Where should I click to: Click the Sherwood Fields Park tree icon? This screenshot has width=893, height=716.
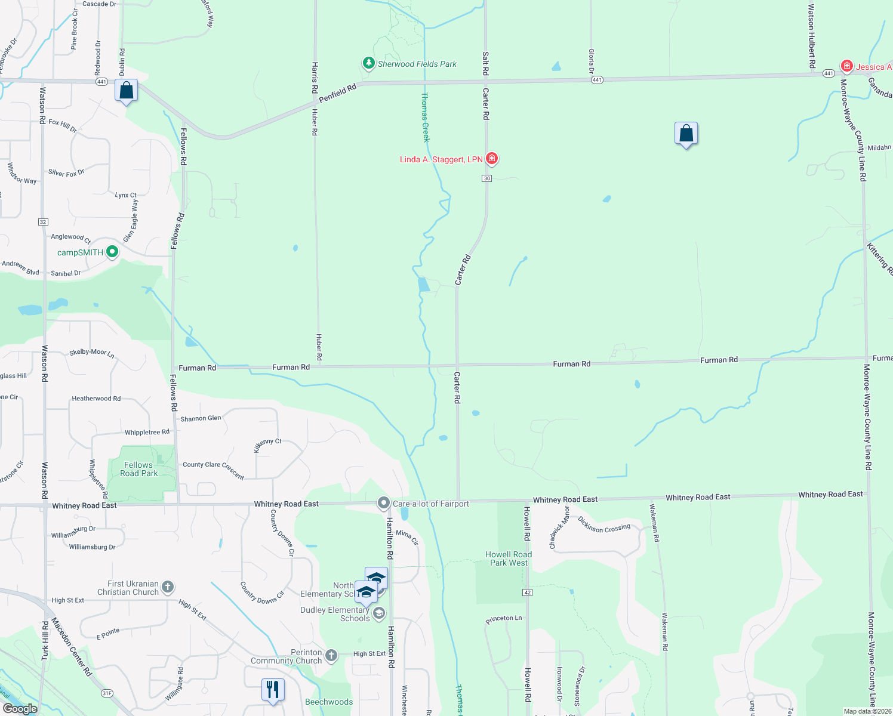(x=368, y=63)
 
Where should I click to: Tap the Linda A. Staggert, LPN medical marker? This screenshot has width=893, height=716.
(x=492, y=159)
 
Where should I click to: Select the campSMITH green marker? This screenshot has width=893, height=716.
(x=112, y=252)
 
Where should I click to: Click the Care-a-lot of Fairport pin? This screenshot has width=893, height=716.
(x=383, y=503)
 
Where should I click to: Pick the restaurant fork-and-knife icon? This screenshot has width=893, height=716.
(x=272, y=690)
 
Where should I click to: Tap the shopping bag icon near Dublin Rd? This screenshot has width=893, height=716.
(x=127, y=91)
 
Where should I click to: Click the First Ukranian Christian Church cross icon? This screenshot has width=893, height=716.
(x=168, y=587)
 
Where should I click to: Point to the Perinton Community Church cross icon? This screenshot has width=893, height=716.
(x=331, y=656)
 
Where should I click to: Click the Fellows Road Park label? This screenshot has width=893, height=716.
(x=138, y=469)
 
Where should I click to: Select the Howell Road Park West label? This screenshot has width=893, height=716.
(x=509, y=558)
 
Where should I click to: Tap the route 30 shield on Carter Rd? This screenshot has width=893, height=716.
(x=487, y=178)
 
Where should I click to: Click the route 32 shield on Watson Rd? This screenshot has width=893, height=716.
(x=43, y=222)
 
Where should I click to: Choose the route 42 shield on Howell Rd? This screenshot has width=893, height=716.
(x=527, y=592)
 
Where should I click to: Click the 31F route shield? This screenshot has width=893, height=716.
(x=107, y=693)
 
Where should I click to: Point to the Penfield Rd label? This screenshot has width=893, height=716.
(x=337, y=92)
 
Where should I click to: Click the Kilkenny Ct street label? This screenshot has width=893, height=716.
(x=267, y=445)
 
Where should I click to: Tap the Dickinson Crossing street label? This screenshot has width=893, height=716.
(x=603, y=524)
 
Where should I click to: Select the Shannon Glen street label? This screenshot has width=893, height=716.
(x=201, y=419)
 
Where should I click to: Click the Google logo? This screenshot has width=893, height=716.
(x=20, y=709)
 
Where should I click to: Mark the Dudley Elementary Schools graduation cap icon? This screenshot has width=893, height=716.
(x=378, y=613)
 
